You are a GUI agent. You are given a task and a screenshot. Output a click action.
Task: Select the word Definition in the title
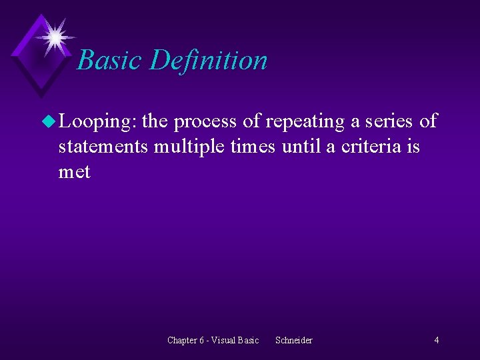[208, 60]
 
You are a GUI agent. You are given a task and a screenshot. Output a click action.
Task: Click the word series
[389, 121]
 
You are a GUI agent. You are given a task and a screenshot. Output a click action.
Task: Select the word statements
[103, 146]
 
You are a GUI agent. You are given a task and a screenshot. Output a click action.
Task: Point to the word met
[74, 171]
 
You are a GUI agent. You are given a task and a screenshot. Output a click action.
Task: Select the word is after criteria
[413, 146]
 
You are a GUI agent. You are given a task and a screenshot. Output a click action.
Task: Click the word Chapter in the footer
[182, 341]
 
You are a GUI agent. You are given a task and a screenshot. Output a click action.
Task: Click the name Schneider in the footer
[294, 341]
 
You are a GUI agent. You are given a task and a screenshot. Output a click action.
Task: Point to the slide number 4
[437, 341]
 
